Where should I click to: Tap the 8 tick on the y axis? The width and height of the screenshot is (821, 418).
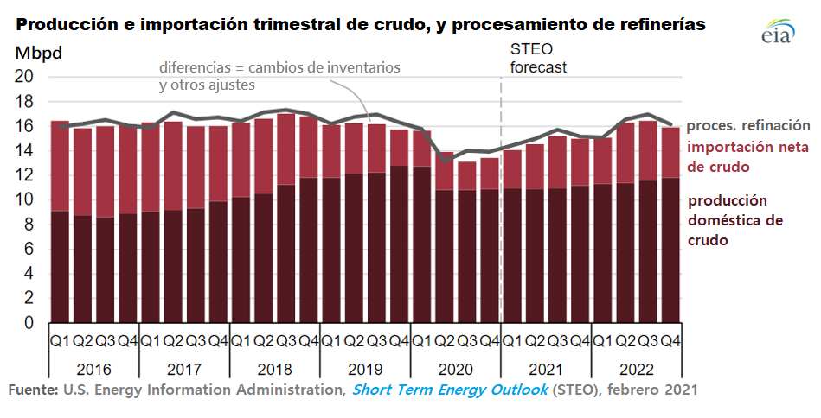29,225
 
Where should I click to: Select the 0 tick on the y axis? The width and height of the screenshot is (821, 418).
29,324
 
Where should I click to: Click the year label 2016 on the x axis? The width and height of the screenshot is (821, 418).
94,368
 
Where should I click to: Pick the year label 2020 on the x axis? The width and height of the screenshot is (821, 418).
455,368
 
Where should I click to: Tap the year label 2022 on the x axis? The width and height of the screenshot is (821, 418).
636,368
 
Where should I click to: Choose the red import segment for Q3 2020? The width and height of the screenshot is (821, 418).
467,176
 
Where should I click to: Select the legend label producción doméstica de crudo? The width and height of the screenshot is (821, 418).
735,220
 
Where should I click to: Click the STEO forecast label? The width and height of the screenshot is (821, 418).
536,58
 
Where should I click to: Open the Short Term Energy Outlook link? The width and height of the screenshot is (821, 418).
450,389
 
